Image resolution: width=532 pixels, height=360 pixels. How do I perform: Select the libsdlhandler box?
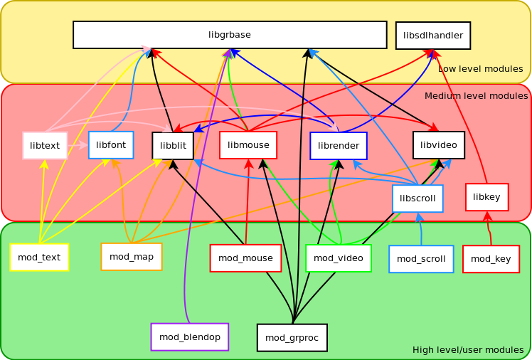coord(433,36)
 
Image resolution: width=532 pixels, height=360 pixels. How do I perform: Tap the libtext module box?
coord(45,146)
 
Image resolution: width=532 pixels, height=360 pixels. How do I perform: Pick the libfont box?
coord(111,145)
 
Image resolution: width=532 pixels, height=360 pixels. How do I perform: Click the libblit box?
coord(173,146)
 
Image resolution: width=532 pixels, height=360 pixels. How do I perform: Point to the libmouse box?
coord(248,145)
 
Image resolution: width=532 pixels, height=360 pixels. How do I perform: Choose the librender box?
coord(339,146)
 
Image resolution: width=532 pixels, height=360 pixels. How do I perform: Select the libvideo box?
coord(439,145)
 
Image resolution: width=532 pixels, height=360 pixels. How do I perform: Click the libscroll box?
coord(417,198)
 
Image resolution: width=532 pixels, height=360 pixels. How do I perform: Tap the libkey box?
coord(487,197)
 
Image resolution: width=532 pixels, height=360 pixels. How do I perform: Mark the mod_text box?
coord(39,258)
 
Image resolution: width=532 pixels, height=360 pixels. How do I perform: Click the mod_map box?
coord(132,257)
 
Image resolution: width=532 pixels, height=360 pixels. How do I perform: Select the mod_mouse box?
coord(245,258)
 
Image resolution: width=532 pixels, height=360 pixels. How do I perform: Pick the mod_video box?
coord(339,258)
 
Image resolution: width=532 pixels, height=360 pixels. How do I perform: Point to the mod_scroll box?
coord(421,259)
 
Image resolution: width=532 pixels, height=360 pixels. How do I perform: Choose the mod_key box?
coord(491,259)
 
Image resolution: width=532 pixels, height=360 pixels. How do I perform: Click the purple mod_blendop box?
coord(190,337)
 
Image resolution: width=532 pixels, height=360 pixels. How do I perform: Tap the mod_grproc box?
coord(292,338)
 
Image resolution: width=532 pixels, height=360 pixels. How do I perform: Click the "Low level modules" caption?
coord(480,69)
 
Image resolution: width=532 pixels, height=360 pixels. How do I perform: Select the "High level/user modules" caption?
coord(468,350)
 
